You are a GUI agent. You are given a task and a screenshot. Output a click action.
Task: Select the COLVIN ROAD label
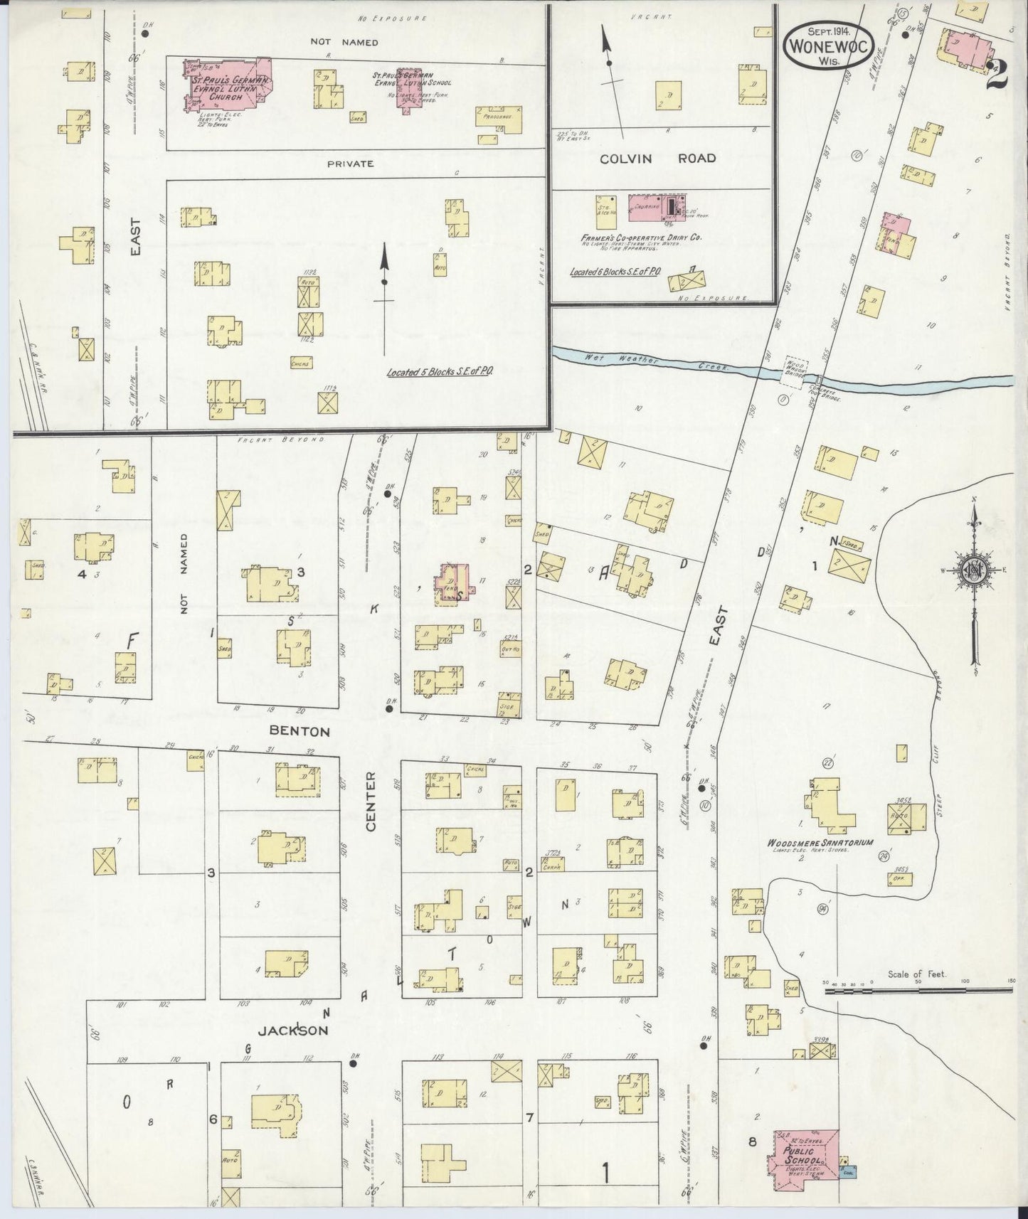point(657,158)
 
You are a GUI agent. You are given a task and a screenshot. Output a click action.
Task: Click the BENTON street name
point(299,731)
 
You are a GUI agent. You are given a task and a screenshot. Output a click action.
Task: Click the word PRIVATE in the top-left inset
point(350,164)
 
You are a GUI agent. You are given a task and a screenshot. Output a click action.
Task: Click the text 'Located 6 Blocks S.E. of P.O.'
point(615,272)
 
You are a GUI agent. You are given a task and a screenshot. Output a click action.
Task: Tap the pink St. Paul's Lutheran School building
point(408,89)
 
